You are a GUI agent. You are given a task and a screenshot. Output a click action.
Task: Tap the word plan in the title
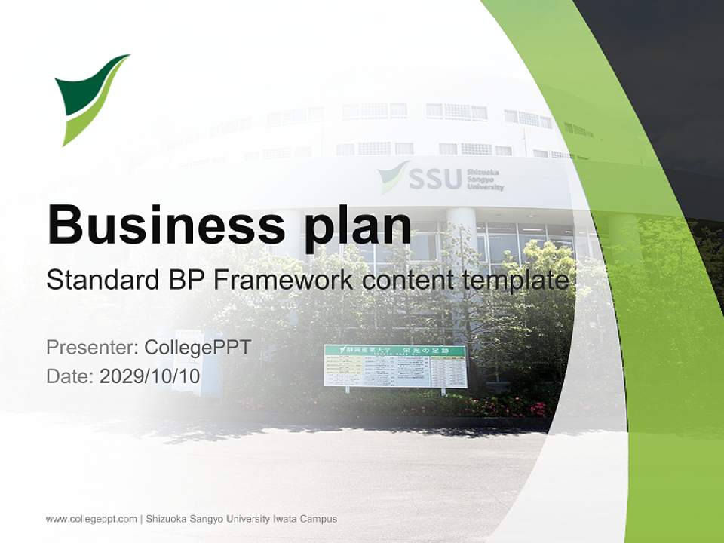(x=354, y=225)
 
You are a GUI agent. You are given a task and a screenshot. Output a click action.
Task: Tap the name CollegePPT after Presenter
(x=197, y=348)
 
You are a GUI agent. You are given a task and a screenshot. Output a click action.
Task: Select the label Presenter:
(x=90, y=348)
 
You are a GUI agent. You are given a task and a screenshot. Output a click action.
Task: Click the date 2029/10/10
(x=150, y=376)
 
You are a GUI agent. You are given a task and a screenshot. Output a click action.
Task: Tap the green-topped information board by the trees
(x=395, y=367)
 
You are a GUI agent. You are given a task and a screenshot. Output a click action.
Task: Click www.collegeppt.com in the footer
(x=91, y=519)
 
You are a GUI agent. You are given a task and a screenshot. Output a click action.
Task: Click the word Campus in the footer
(x=321, y=519)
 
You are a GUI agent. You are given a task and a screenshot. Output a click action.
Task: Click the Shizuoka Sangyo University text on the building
(x=484, y=179)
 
